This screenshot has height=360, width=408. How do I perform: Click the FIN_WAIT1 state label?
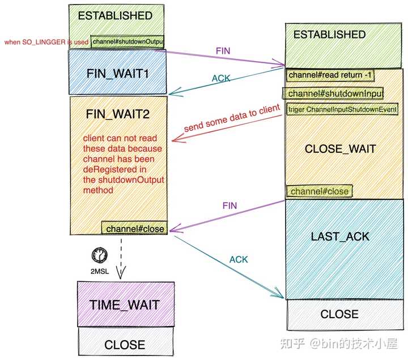[x=118, y=74]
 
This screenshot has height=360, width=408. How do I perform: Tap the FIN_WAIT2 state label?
[x=118, y=114]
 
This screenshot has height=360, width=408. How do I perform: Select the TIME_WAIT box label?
[x=124, y=305]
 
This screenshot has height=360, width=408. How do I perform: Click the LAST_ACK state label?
[x=340, y=237]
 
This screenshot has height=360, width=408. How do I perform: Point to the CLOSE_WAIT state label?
[x=341, y=149]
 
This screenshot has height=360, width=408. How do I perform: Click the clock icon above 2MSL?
[x=99, y=255]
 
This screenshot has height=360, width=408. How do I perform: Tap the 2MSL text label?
[x=99, y=272]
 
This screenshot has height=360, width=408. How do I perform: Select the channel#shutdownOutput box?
[x=127, y=41]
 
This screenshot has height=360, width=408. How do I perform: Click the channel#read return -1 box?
[x=330, y=75]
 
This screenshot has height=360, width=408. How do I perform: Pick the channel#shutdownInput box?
[x=333, y=93]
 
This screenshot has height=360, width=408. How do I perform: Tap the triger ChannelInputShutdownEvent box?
[x=342, y=109]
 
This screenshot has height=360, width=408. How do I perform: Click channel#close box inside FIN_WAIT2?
[x=134, y=229]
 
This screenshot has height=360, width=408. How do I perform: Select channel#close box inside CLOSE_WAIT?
[x=319, y=191]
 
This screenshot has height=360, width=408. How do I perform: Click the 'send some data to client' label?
[x=232, y=118]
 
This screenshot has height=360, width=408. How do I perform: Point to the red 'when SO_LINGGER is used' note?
[x=46, y=42]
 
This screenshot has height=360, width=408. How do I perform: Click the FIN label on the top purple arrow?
[x=223, y=51]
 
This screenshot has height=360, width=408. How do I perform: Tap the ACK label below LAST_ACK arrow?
[x=239, y=259]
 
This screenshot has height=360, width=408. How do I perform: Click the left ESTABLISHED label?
[x=115, y=16]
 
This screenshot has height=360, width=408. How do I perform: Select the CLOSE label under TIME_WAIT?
[x=125, y=345]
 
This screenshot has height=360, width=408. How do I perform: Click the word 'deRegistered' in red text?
[x=114, y=169]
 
